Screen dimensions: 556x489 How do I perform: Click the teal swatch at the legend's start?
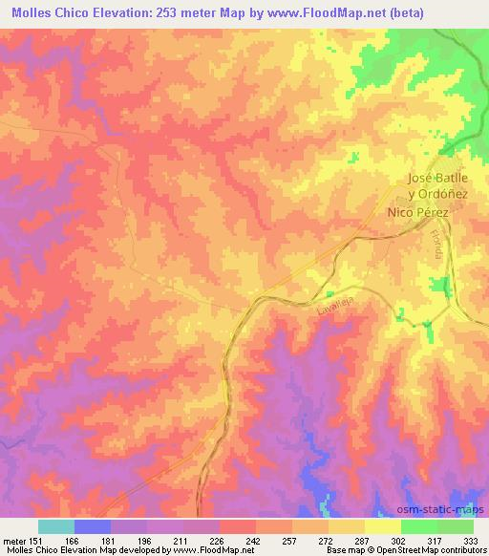pos(56,526)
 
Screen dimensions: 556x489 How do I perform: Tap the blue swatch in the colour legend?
pos(93,526)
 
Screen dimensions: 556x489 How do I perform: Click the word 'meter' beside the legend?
pos(13,540)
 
